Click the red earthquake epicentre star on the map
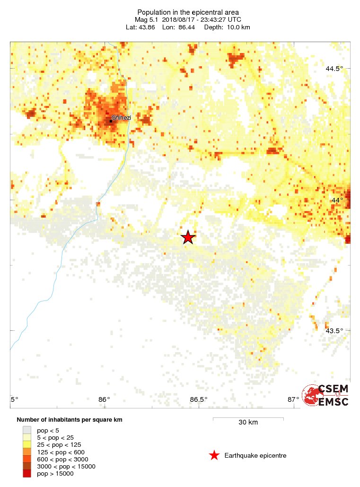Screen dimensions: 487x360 pyautogui.click(x=188, y=238)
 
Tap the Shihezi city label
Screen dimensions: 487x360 pyautogui.click(x=121, y=117)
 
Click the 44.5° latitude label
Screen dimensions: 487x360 pyautogui.click(x=334, y=69)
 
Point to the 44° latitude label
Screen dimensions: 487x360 pyautogui.click(x=337, y=200)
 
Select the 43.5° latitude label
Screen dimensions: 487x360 pyautogui.click(x=334, y=331)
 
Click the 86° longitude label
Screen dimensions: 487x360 pyautogui.click(x=105, y=399)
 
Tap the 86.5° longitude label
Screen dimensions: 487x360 pyautogui.click(x=199, y=399)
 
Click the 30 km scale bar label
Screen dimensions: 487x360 pyautogui.click(x=248, y=422)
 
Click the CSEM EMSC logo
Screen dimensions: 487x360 pyautogui.click(x=326, y=395)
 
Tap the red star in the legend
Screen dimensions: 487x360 pyautogui.click(x=214, y=455)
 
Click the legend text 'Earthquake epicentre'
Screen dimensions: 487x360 pyautogui.click(x=255, y=455)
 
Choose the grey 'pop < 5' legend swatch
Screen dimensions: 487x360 pyautogui.click(x=27, y=430)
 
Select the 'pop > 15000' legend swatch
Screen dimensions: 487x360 pyautogui.click(x=27, y=474)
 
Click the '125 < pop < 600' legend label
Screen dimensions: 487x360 pyautogui.click(x=62, y=452)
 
